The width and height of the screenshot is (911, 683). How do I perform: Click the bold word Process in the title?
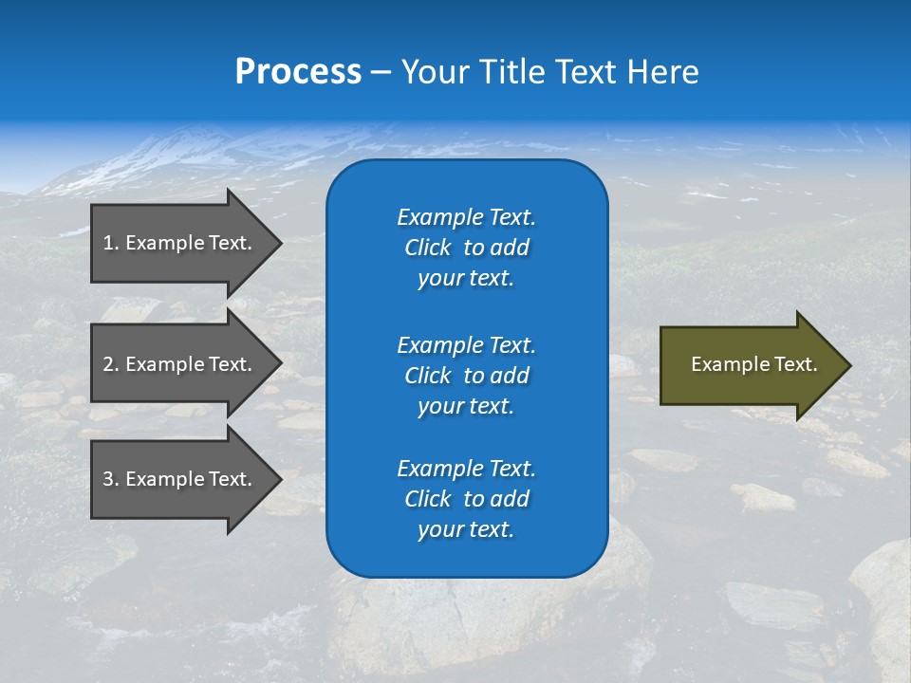298,72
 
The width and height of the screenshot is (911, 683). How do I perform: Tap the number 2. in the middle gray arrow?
111,364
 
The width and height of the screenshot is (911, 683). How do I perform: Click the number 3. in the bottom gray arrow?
111,479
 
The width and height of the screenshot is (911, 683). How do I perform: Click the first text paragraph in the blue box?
466,248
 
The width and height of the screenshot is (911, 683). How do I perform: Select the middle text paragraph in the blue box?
466,375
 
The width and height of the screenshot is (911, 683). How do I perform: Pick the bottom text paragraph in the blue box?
466,499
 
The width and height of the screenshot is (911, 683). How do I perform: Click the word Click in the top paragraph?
427,248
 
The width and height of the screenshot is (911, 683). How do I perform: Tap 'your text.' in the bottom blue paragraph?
466,529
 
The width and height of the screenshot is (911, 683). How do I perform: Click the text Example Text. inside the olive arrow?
753,364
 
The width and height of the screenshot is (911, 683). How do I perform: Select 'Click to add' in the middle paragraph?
466,376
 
